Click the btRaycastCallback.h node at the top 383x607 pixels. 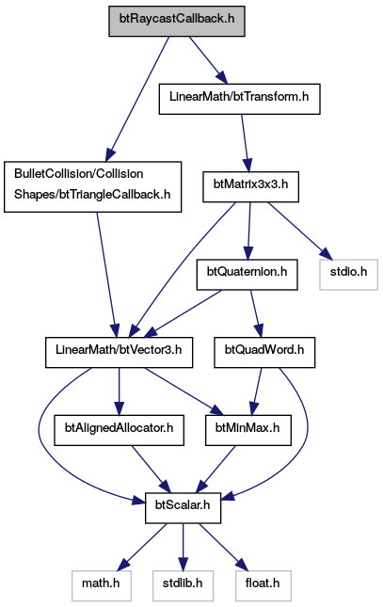click(x=177, y=22)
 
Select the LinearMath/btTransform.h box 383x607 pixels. click(x=239, y=99)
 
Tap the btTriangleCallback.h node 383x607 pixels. click(x=92, y=186)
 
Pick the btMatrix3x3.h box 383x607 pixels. click(x=250, y=186)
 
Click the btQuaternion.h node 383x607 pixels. click(x=247, y=275)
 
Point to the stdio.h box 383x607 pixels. click(x=348, y=275)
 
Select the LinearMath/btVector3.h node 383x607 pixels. click(x=119, y=352)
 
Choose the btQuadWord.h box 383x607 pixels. click(x=264, y=352)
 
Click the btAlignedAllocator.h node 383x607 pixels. click(x=119, y=430)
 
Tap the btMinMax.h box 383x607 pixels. click(x=248, y=430)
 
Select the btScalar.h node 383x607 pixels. click(x=183, y=508)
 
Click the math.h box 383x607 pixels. click(x=101, y=586)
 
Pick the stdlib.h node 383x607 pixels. click(x=183, y=586)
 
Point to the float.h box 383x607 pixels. click(x=263, y=586)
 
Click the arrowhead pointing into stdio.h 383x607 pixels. click(x=327, y=254)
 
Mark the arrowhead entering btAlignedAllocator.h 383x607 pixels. click(x=119, y=408)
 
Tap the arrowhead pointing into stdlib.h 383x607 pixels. click(x=183, y=565)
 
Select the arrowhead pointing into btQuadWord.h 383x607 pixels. click(x=259, y=331)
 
